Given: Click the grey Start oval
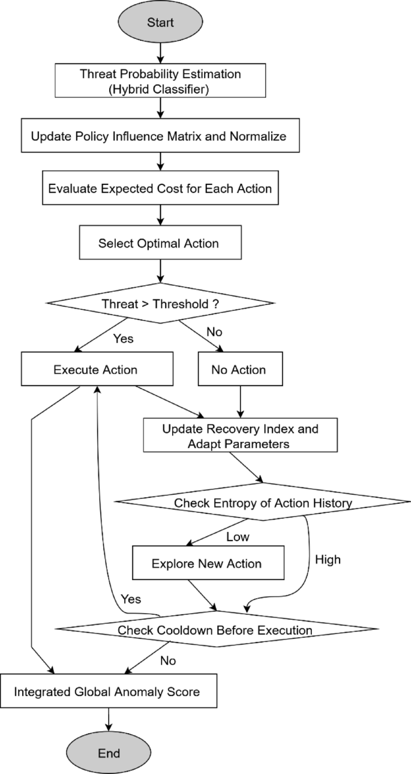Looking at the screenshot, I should (x=160, y=23).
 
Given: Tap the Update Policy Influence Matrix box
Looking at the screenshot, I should (x=158, y=136).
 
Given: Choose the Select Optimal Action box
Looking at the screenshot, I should (x=159, y=244).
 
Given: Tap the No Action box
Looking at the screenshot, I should (x=239, y=369).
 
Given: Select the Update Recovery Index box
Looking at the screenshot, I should (x=240, y=437).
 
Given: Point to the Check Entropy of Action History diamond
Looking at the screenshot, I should (x=262, y=503).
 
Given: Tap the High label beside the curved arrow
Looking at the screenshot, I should (x=327, y=560).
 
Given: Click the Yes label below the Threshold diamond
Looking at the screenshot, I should (x=123, y=339).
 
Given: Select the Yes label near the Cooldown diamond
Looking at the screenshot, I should (x=131, y=599).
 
